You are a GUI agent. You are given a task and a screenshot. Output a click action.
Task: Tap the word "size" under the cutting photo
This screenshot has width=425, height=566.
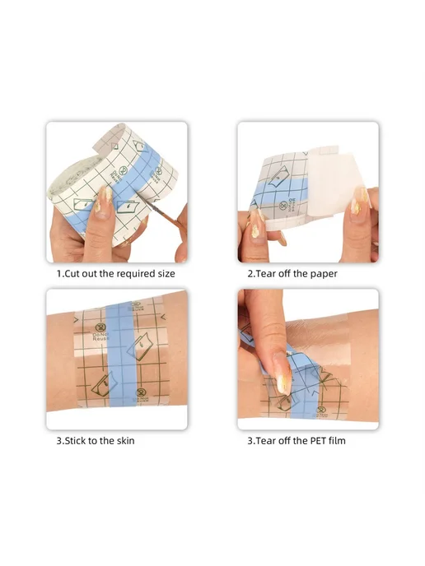coord(166,274)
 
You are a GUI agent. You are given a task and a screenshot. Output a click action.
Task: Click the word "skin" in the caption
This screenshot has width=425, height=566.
coord(125,441)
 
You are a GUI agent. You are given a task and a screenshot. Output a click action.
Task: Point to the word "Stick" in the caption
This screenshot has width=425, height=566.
coord(75,441)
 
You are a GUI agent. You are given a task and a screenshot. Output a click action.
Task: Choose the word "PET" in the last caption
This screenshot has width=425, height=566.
coord(318,441)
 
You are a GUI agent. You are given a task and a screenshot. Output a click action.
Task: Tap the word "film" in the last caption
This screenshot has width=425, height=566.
coord(337,441)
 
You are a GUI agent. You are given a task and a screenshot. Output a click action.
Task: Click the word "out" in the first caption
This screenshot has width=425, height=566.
coord(89,274)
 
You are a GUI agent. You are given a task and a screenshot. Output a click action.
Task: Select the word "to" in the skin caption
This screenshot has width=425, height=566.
coord(92,441)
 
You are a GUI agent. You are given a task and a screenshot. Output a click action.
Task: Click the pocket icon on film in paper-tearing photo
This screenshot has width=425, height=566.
coord(278,177)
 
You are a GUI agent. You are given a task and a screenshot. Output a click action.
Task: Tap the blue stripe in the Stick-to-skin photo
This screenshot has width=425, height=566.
coord(121,356)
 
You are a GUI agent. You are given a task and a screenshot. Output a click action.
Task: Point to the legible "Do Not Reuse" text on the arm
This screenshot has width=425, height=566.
coord(100,336)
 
